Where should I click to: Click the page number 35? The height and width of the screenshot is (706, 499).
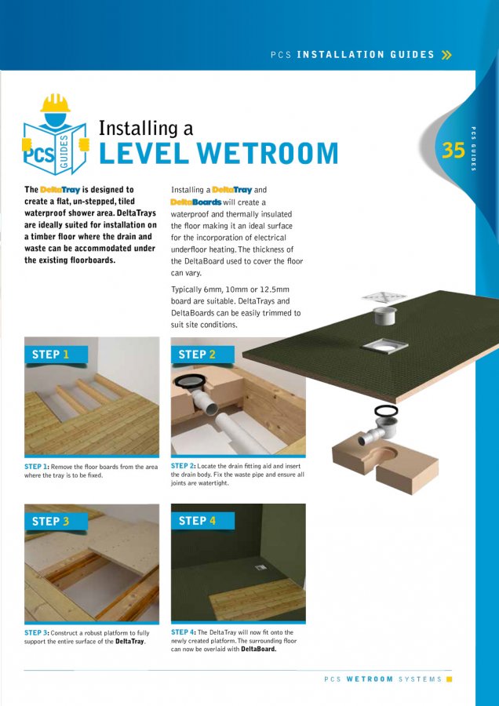pyautogui.click(x=453, y=149)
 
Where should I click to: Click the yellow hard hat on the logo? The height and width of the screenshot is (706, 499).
pyautogui.click(x=56, y=103)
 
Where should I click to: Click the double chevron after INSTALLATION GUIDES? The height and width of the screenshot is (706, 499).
pyautogui.click(x=446, y=55)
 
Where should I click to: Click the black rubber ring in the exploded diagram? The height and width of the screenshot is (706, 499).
pyautogui.click(x=386, y=410)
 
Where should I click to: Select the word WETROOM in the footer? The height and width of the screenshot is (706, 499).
pyautogui.click(x=370, y=679)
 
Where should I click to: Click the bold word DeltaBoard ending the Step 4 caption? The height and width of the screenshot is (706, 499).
pyautogui.click(x=258, y=650)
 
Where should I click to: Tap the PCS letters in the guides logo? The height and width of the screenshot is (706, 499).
pyautogui.click(x=40, y=154)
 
